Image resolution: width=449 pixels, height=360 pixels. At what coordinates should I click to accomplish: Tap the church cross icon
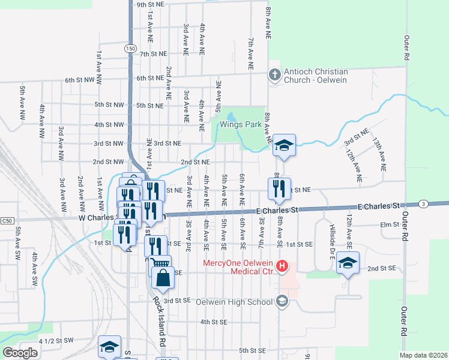click(x=275, y=75)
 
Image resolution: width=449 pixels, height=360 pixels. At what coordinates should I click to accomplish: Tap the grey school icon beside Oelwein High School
click(x=282, y=301)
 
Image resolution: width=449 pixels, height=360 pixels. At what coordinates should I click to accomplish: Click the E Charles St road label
click(x=277, y=211)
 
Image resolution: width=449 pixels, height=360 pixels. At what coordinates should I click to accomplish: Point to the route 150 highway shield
click(x=131, y=48)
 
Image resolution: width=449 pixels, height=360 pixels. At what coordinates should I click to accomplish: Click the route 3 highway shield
click(x=424, y=205)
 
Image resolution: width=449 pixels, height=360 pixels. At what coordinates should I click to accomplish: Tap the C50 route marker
click(x=7, y=221)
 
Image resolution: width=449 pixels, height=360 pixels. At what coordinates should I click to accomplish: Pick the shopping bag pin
click(x=163, y=278)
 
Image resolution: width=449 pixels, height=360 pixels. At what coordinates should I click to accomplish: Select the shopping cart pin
click(x=160, y=264)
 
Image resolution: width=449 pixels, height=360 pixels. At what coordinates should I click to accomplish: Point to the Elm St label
click(x=391, y=224)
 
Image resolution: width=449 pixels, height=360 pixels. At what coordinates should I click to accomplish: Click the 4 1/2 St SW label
click(x=55, y=340)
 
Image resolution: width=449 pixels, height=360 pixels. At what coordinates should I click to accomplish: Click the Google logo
click(x=20, y=353)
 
